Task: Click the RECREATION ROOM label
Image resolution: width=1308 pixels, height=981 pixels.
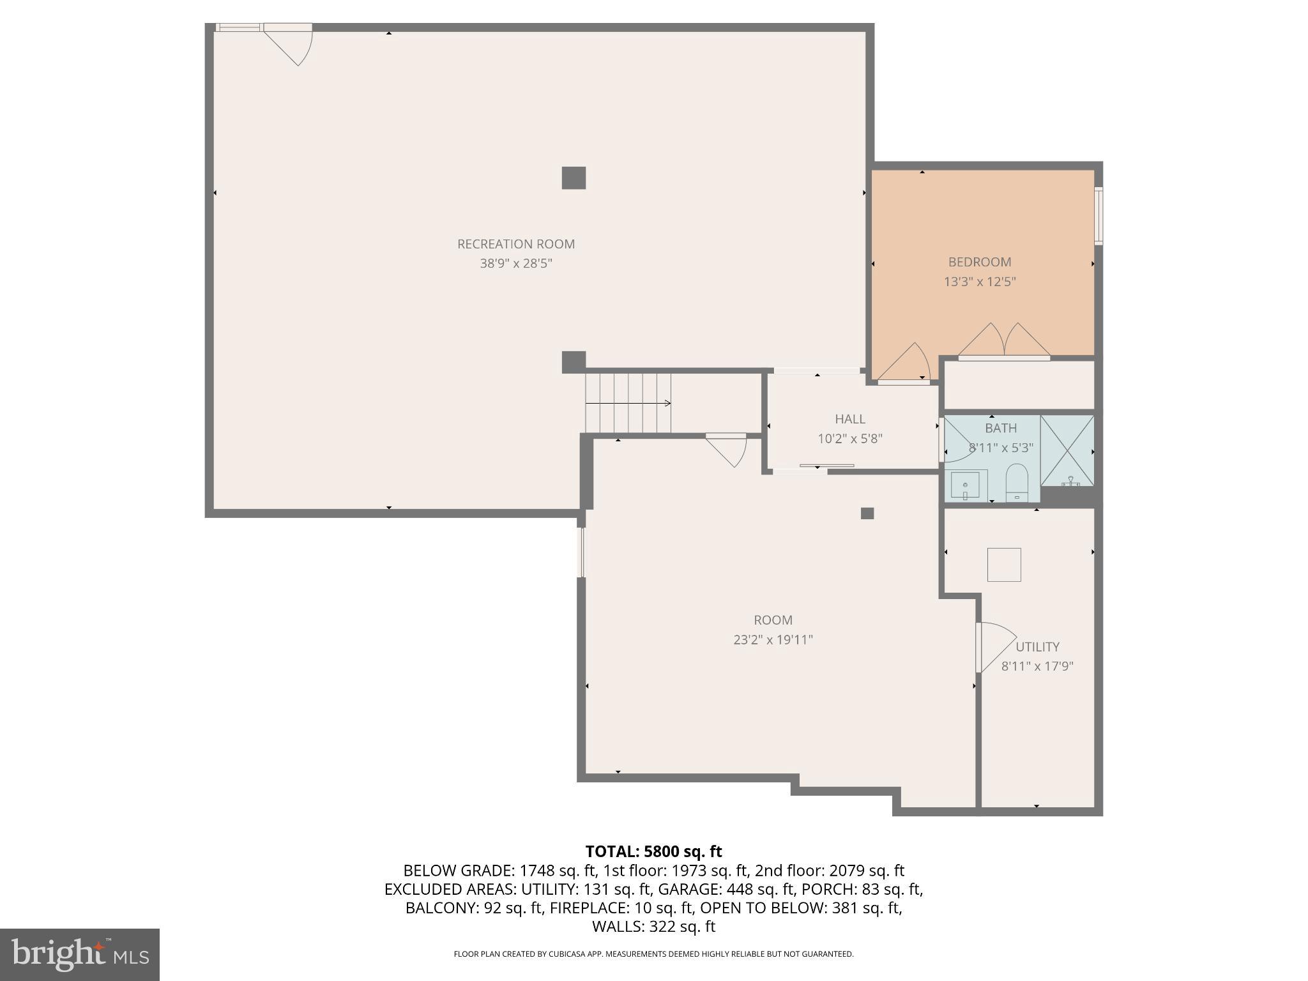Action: [515, 244]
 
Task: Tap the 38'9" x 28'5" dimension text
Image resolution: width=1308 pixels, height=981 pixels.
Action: [515, 263]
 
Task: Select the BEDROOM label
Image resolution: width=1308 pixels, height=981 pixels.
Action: [979, 262]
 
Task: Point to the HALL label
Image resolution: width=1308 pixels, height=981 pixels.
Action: [849, 419]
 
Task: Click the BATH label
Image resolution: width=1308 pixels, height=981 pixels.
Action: [1000, 428]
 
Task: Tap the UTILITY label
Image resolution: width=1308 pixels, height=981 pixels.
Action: [1037, 646]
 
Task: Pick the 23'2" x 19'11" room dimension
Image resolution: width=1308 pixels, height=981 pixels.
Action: [773, 639]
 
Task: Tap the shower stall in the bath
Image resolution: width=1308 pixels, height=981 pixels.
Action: [1067, 450]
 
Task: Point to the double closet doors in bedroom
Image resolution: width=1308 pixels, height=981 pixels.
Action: [1004, 342]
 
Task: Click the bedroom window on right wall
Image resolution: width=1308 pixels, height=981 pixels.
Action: [1098, 216]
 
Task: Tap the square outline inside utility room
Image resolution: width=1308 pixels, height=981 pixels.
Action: [1003, 565]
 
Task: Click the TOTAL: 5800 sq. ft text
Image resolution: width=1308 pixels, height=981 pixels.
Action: [653, 851]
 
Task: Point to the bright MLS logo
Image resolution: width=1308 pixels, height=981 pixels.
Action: [79, 954]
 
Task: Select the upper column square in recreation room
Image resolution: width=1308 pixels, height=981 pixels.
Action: [574, 178]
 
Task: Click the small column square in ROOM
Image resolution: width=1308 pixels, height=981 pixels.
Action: [867, 513]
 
